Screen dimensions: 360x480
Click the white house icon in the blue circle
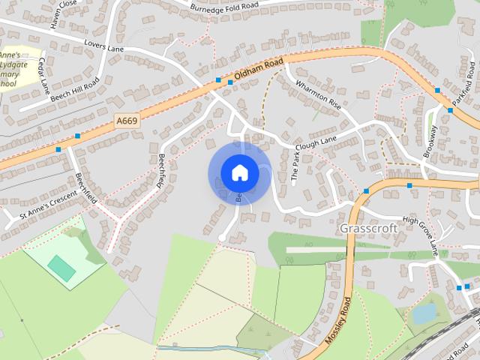[239, 172]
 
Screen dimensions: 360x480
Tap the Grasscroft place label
[368, 228]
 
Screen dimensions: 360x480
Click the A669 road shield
[127, 119]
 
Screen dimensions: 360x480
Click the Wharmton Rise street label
[318, 94]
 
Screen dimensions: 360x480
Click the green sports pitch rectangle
[61, 268]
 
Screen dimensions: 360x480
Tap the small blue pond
[424, 313]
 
